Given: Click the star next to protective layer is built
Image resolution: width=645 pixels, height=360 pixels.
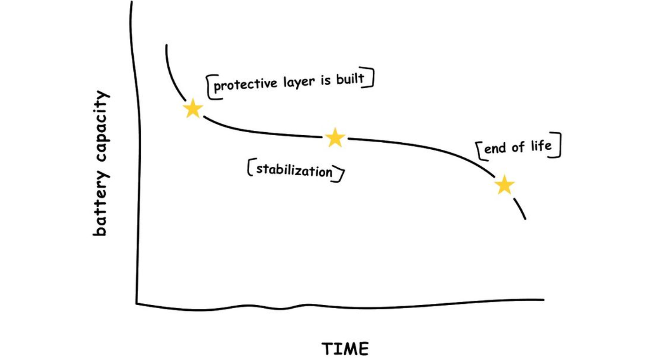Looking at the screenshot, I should click(x=193, y=109).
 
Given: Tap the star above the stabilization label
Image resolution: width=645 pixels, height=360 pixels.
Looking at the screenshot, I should click(x=335, y=137).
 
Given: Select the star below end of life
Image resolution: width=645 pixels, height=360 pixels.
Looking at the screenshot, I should click(x=505, y=185).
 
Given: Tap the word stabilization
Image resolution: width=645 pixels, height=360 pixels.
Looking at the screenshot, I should click(x=294, y=171).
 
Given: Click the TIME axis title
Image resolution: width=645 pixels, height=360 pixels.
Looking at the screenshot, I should click(x=345, y=349).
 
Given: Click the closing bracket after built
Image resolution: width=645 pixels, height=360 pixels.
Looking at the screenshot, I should click(x=371, y=79).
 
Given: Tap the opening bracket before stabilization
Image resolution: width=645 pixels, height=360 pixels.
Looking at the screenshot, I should click(x=250, y=168).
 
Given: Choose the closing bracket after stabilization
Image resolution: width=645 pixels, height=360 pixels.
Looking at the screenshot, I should click(x=339, y=174).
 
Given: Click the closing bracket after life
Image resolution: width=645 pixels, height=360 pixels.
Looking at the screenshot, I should click(x=558, y=146).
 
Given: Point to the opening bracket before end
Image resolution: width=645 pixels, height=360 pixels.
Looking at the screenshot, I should click(x=480, y=151).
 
